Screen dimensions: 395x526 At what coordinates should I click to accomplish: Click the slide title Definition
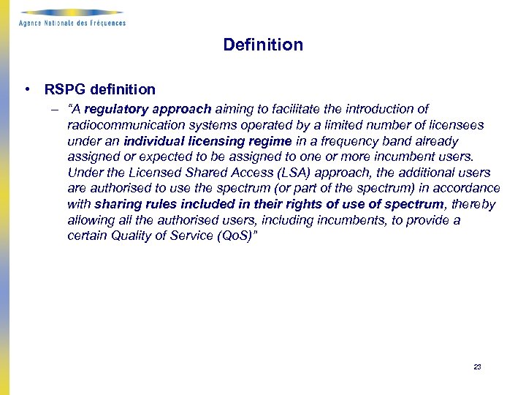(x=263, y=45)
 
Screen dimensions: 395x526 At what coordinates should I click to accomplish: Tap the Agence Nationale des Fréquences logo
(x=72, y=18)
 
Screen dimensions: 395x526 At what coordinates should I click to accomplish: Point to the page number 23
(x=477, y=367)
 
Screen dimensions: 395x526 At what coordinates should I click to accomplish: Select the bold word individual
(x=154, y=141)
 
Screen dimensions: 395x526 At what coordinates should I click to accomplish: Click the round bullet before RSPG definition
(x=26, y=90)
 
